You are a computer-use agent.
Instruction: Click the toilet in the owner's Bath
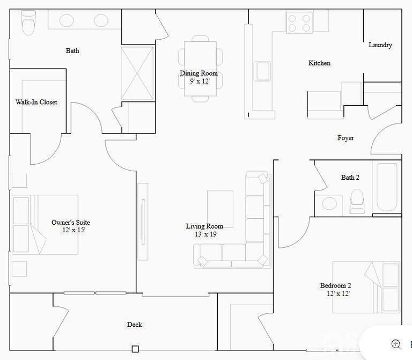pyautogui.click(x=28, y=23)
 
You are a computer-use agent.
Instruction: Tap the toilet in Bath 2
pyautogui.click(x=357, y=201)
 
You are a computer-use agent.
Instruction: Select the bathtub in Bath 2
pyautogui.click(x=387, y=187)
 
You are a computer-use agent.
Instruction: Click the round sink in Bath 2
pyautogui.click(x=329, y=204)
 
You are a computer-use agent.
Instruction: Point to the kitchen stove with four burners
pyautogui.click(x=299, y=23)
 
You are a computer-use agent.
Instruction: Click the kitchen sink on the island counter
pyautogui.click(x=262, y=71)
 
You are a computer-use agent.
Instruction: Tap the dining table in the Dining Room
pyautogui.click(x=200, y=69)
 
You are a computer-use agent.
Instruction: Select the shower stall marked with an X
pyautogui.click(x=137, y=74)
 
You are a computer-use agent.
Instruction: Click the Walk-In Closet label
pyautogui.click(x=36, y=102)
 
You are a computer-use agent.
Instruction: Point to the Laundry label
pyautogui.click(x=380, y=45)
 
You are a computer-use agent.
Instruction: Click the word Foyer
pyautogui.click(x=345, y=138)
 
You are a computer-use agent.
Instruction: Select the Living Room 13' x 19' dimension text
pyautogui.click(x=206, y=234)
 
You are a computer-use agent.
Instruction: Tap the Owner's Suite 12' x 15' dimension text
pyautogui.click(x=74, y=230)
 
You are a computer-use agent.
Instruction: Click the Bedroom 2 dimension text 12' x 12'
pyautogui.click(x=338, y=293)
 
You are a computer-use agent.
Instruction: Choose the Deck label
pyautogui.click(x=135, y=325)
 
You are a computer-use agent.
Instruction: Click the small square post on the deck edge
pyautogui.click(x=135, y=349)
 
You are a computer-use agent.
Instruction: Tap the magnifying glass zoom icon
pyautogui.click(x=396, y=344)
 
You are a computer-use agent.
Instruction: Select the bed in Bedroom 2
pyautogui.click(x=366, y=287)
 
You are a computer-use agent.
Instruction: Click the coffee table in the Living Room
pyautogui.click(x=220, y=209)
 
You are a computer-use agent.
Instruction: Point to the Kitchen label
pyautogui.click(x=319, y=63)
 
